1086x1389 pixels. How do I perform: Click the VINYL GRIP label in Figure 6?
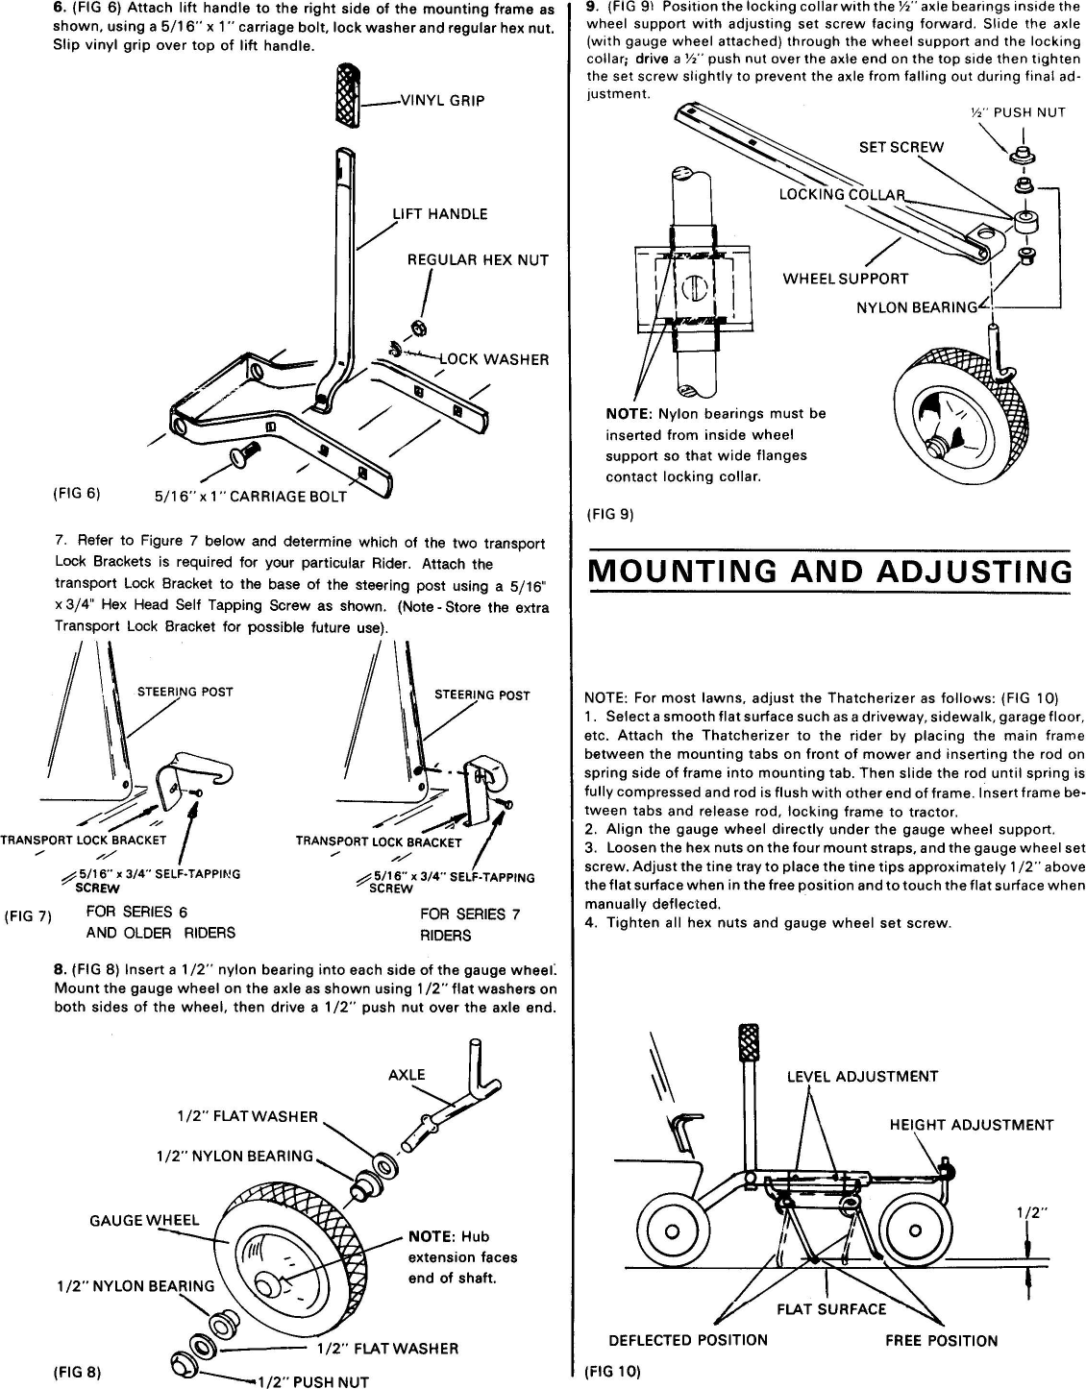[x=442, y=100]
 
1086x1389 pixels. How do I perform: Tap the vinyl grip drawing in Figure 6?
[x=348, y=93]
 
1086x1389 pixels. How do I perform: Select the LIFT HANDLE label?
[x=439, y=214]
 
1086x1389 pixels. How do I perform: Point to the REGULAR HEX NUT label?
[x=478, y=260]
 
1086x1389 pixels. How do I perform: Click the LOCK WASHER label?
[x=494, y=359]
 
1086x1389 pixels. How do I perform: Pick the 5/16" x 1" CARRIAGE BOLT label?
[x=251, y=497]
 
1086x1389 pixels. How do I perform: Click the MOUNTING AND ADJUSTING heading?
[x=829, y=571]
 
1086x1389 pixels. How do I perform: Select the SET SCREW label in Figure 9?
[x=901, y=147]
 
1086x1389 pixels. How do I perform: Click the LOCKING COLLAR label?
[x=841, y=195]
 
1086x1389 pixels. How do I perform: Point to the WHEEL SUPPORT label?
[x=845, y=279]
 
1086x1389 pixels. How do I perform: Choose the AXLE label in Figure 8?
[x=407, y=1075]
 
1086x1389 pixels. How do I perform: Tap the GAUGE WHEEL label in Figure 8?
[x=144, y=1220]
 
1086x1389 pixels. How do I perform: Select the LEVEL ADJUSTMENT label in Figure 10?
[x=862, y=1076]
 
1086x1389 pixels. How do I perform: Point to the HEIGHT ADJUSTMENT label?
[x=971, y=1125]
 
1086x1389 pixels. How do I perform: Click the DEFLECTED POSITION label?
[x=688, y=1340]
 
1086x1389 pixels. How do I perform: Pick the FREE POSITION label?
[x=941, y=1340]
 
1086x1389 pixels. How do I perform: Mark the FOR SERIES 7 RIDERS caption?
[x=470, y=924]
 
